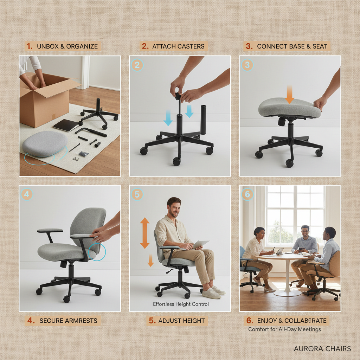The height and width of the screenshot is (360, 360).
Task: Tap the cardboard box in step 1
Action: [x=44, y=102]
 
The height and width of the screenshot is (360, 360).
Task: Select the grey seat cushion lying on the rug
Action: [x=45, y=144]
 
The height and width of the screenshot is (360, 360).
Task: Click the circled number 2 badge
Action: [x=137, y=65]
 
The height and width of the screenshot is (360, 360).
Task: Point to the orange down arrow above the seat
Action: [x=289, y=94]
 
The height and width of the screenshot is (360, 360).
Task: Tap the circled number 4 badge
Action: [x=27, y=194]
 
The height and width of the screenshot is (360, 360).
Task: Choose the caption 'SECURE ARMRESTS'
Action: [x=63, y=321]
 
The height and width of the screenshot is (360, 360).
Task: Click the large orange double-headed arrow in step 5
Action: [x=145, y=233]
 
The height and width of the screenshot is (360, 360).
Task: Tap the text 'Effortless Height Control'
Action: [x=181, y=304]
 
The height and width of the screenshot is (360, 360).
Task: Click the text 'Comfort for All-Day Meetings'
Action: [x=284, y=329]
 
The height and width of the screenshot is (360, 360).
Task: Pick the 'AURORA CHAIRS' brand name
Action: [x=322, y=348]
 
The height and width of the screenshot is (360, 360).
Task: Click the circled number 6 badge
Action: [x=247, y=194]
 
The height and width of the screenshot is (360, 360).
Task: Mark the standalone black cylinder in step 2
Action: [x=203, y=120]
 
